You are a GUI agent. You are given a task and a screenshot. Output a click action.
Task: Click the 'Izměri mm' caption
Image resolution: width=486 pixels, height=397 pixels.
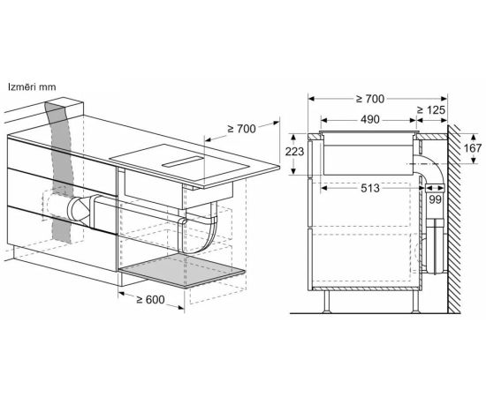(32, 87)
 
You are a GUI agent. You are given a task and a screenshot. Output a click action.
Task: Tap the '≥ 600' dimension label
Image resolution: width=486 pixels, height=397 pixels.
(150, 300)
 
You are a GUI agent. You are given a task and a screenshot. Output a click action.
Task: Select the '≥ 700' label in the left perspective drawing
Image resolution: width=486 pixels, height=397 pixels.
(242, 129)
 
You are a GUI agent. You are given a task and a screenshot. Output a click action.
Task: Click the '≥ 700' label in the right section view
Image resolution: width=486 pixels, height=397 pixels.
(369, 99)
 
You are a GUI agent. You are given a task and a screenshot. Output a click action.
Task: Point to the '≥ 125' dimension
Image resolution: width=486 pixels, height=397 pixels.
(431, 110)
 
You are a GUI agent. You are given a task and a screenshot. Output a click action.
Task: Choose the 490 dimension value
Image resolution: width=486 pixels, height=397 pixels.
(369, 119)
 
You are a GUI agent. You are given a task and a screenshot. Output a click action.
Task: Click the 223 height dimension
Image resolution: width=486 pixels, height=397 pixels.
(294, 152)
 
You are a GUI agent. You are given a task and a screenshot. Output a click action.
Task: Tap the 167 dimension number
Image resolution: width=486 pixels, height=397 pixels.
(473, 148)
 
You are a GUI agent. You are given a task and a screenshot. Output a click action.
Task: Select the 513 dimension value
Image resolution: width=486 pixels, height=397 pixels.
(369, 188)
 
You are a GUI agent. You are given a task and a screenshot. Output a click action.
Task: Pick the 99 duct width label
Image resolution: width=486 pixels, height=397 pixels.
(435, 199)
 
